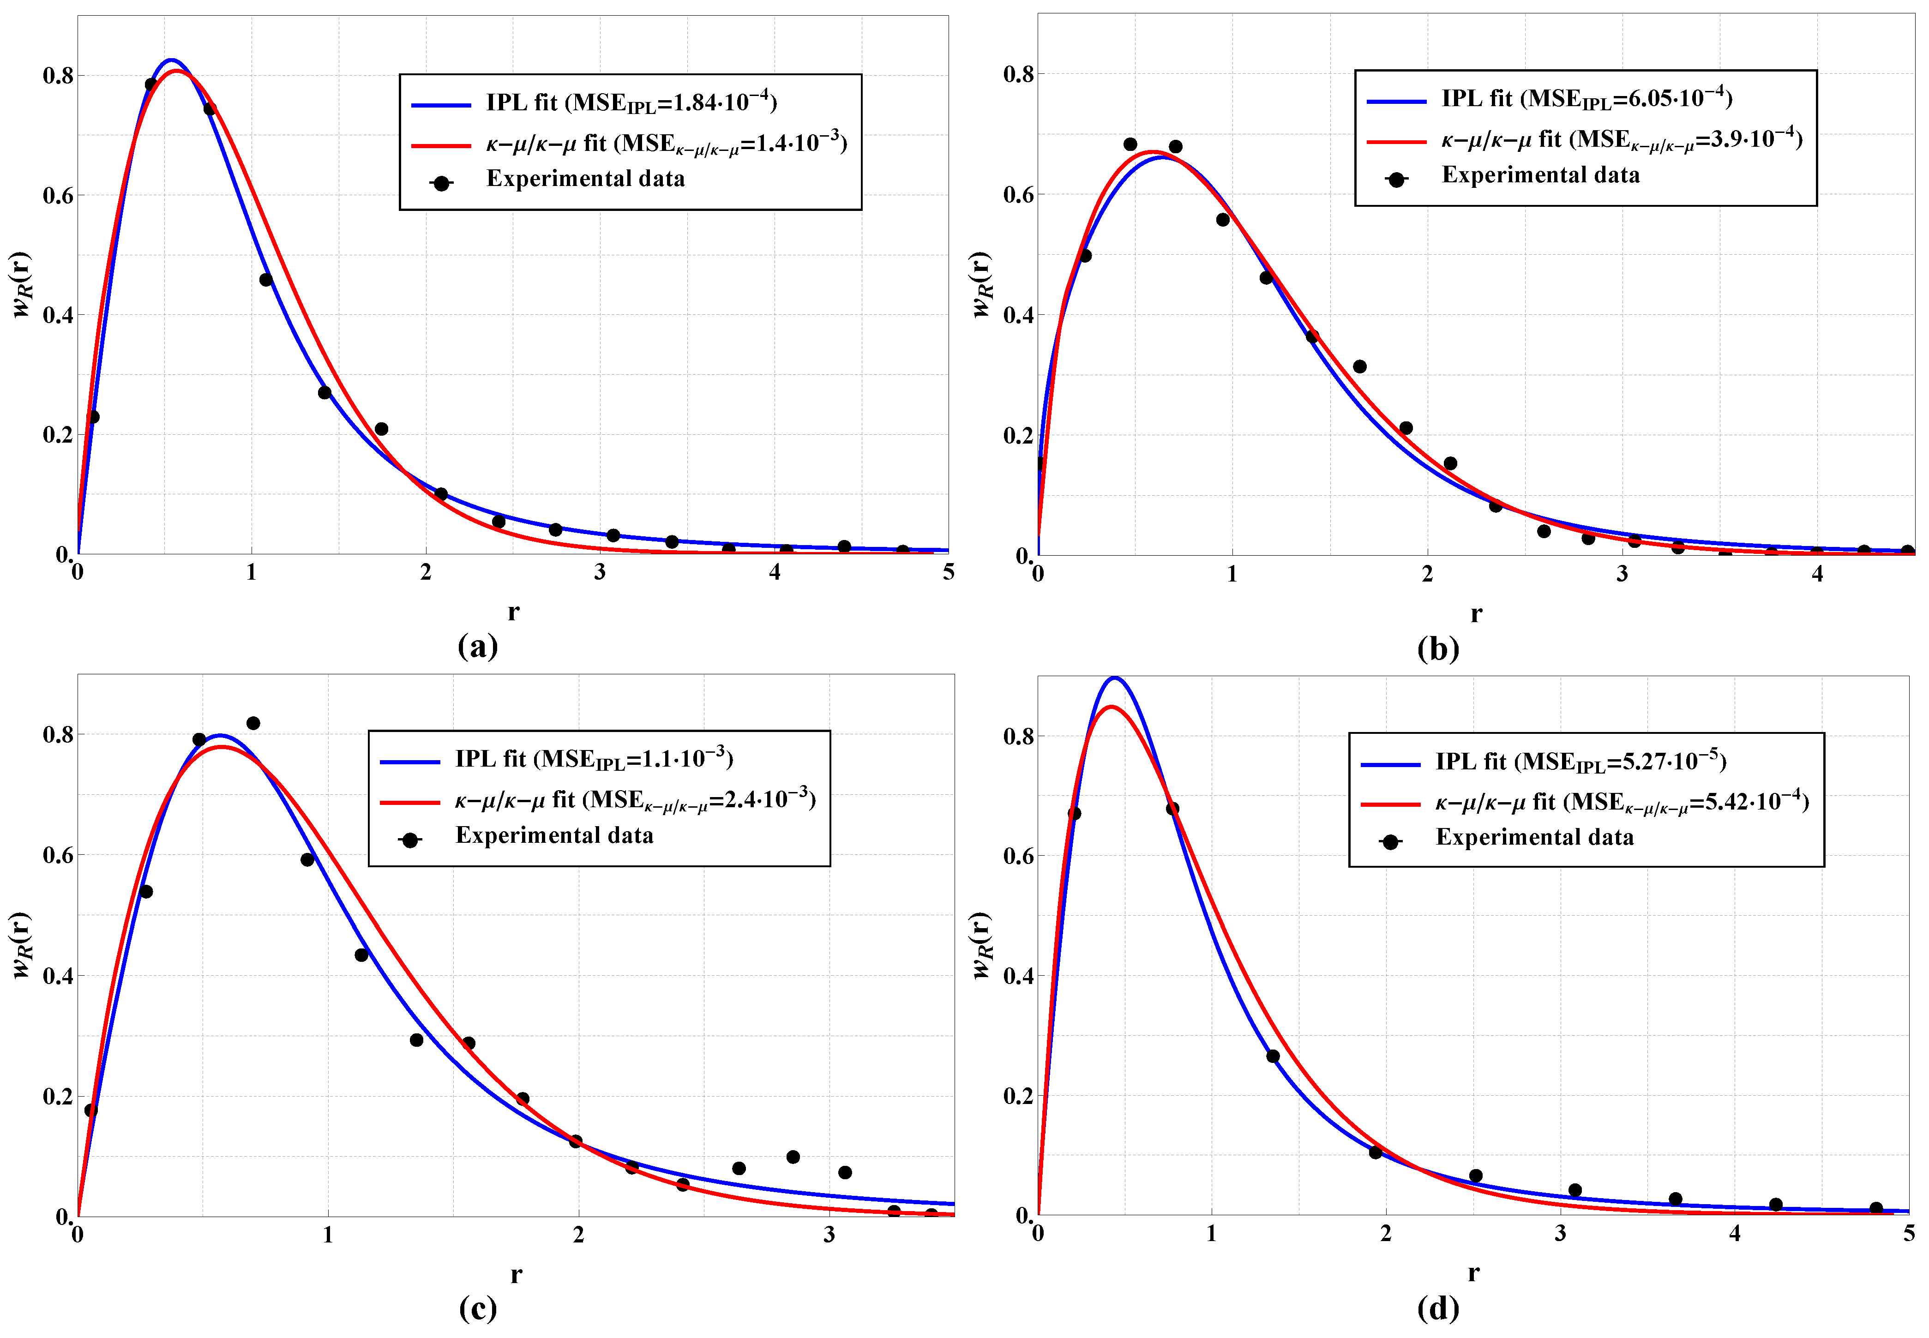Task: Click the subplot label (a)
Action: [x=478, y=646]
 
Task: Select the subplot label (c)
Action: [x=478, y=1308]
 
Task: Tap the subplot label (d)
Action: [x=1438, y=1308]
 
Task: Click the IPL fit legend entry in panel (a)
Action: [x=631, y=103]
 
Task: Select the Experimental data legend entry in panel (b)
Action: [x=1540, y=175]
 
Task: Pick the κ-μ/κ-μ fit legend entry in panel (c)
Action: [x=635, y=800]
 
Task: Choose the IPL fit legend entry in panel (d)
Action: [x=1580, y=761]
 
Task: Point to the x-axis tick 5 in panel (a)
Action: [x=948, y=573]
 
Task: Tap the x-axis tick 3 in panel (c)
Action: [x=829, y=1235]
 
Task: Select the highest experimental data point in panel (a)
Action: [x=151, y=84]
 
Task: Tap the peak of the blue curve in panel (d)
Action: [x=1114, y=678]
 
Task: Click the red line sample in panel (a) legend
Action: [x=442, y=145]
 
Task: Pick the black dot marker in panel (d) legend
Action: [x=1390, y=842]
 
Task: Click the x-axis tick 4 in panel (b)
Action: [x=1817, y=574]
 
